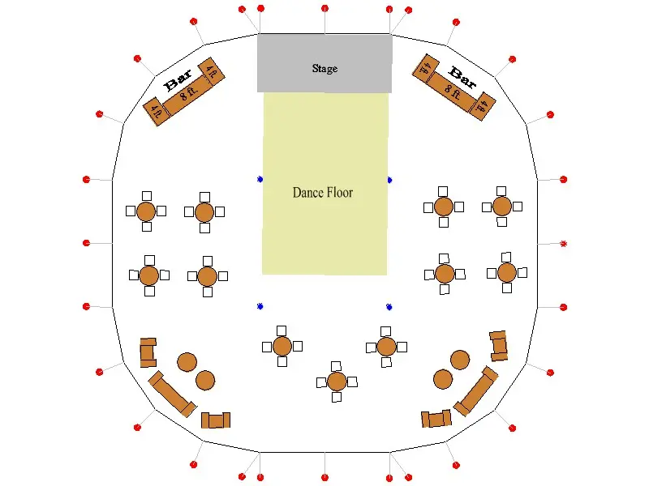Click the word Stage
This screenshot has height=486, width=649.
(x=324, y=68)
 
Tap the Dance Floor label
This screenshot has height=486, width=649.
(x=322, y=193)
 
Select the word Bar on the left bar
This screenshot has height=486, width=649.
(x=178, y=80)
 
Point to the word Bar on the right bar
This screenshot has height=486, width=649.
(x=462, y=77)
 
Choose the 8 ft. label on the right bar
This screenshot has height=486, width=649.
(x=453, y=92)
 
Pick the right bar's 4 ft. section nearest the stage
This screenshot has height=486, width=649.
(x=426, y=68)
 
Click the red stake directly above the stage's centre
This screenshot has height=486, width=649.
(x=325, y=8)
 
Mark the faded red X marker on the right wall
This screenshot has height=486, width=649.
(x=563, y=244)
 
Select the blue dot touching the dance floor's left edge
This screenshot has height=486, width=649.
(x=260, y=179)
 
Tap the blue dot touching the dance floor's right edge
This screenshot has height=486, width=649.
(x=389, y=180)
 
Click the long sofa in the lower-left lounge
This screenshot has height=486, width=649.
(x=172, y=394)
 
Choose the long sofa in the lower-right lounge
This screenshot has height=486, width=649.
(x=476, y=391)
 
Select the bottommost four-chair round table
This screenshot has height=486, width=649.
(x=337, y=382)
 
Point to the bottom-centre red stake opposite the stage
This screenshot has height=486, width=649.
(x=325, y=478)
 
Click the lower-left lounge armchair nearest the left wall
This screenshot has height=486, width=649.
(x=148, y=352)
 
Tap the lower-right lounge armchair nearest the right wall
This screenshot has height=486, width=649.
(x=499, y=346)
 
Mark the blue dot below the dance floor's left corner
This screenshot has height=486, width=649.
(x=260, y=306)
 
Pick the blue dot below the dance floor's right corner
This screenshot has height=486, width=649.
(x=389, y=307)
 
